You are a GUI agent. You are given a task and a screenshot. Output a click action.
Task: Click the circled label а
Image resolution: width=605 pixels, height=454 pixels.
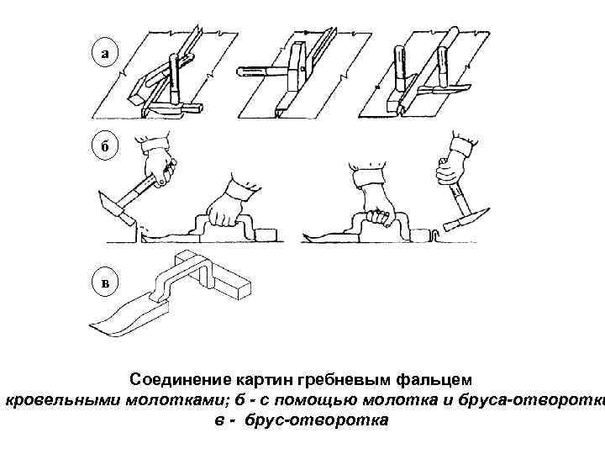(x=104, y=54)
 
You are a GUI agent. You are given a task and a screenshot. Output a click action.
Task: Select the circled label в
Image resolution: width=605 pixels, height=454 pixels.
(x=104, y=282)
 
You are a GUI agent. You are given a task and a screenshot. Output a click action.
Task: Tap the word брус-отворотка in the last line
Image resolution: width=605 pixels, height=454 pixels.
(x=317, y=418)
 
